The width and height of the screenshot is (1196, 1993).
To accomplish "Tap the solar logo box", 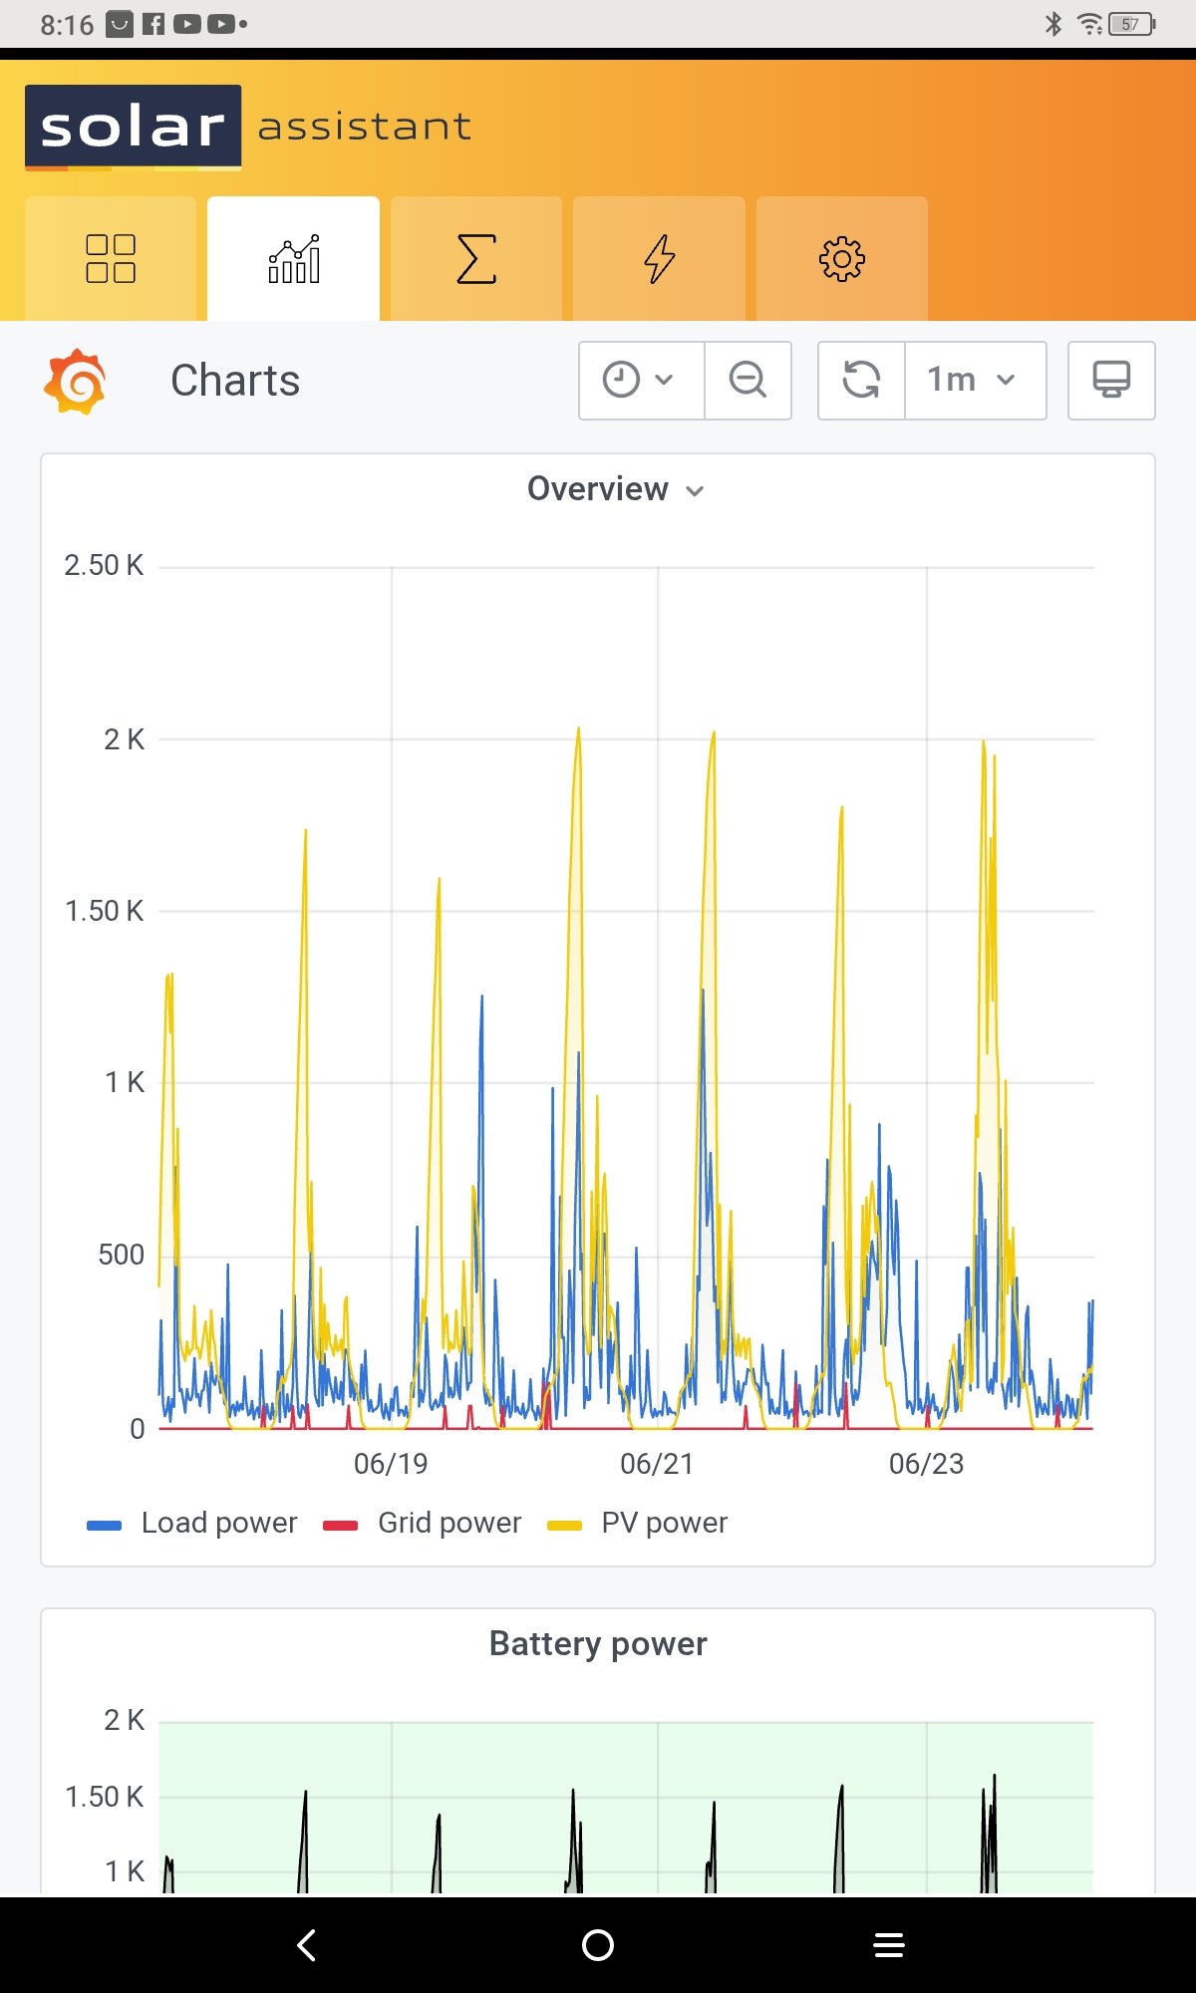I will [x=133, y=127].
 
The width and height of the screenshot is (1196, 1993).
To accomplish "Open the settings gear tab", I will [x=841, y=259].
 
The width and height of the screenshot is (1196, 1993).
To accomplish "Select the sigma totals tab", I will [x=476, y=259].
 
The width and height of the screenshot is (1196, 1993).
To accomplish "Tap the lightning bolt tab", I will [x=659, y=259].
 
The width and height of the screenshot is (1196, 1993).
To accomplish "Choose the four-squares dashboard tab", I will [x=111, y=259].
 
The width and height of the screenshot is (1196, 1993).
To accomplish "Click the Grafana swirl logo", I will [x=75, y=381].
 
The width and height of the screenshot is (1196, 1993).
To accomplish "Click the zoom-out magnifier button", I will [x=747, y=380].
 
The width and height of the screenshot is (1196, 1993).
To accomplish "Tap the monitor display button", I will [x=1110, y=380].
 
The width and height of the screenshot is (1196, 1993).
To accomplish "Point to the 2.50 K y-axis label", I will [x=104, y=566].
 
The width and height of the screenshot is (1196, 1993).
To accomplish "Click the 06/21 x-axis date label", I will [x=657, y=1464].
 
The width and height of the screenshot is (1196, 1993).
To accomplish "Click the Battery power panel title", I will [x=598, y=1643].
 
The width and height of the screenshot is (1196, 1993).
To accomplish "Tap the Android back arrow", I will [x=307, y=1944].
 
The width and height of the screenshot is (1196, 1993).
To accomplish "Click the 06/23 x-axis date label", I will [x=926, y=1464].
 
